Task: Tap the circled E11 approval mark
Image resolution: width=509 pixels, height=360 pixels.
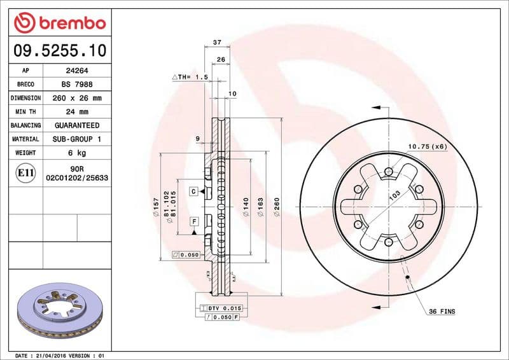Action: coord(25,172)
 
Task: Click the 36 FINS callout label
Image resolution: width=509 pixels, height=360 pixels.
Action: coord(442,311)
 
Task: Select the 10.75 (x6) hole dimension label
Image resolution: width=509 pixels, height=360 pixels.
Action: coord(428,147)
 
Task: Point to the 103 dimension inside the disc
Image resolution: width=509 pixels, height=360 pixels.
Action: coord(394,195)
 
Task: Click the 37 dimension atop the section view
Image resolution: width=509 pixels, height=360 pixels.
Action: coord(216,42)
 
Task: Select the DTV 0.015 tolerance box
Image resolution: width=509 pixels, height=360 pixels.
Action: coord(220,308)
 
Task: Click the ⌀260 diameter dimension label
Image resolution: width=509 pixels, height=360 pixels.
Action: coord(277,208)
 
